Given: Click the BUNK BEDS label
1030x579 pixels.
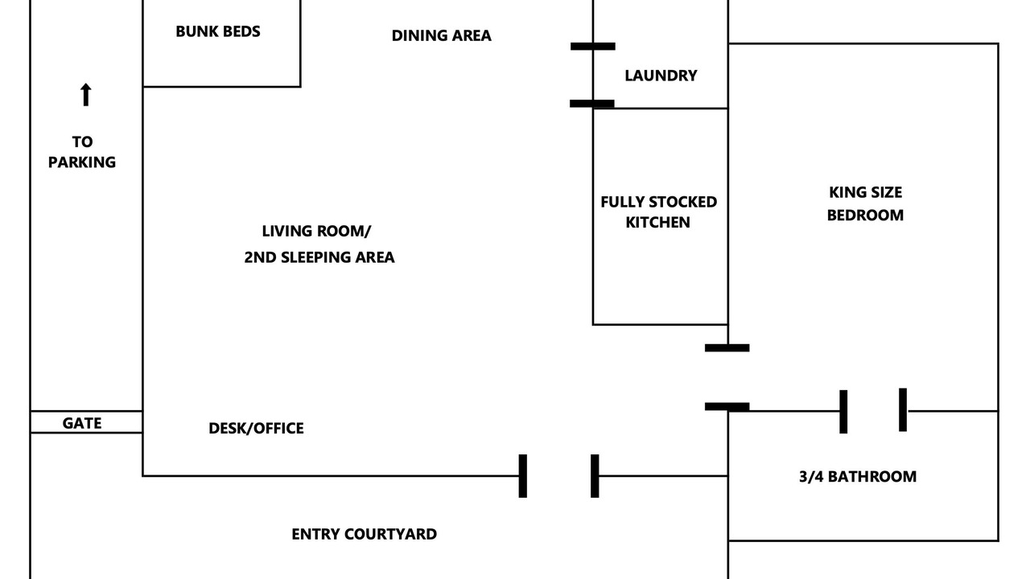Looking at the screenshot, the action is (218, 31).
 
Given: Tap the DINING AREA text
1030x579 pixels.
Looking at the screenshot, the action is (442, 35).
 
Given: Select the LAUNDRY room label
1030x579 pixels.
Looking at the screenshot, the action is (661, 76).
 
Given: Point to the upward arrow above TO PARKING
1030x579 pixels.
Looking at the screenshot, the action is (85, 94).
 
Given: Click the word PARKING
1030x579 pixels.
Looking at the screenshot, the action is (82, 162).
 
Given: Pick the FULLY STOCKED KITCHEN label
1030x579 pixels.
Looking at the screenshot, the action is (658, 211).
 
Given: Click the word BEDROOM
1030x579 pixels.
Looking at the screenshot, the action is (865, 215).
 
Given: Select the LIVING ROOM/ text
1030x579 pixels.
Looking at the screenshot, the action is (316, 231).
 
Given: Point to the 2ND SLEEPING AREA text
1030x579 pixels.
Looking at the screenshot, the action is (319, 257).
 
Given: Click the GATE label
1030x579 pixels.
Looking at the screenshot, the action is (82, 423).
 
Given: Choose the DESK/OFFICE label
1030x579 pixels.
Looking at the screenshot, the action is (256, 429).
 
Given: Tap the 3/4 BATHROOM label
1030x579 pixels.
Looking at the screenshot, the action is (858, 477).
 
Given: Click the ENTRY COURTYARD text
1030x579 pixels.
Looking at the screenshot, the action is (365, 534).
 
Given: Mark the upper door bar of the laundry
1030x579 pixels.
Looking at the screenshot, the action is (593, 47).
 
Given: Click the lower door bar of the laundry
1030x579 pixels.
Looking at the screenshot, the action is (591, 104).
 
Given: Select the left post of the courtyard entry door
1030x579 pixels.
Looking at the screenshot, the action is (523, 476).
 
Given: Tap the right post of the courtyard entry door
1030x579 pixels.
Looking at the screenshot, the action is (595, 476).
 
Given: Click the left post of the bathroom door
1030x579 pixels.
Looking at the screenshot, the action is (843, 412).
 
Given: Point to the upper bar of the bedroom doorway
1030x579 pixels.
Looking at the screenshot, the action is (727, 348).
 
